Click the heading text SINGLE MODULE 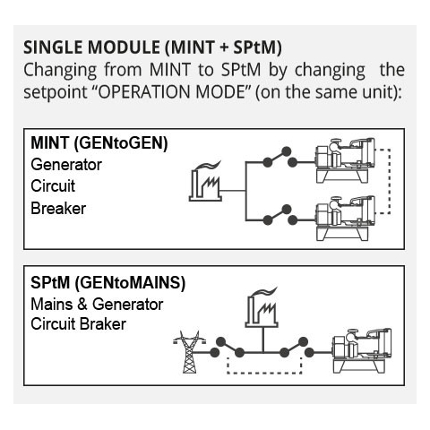pyautogui.click(x=91, y=47)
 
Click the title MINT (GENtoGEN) pyautogui.click(x=99, y=143)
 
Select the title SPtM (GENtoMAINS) pyautogui.click(x=107, y=282)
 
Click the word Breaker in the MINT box pyautogui.click(x=58, y=208)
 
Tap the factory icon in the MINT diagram pyautogui.click(x=205, y=181)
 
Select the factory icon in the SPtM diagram pyautogui.click(x=262, y=307)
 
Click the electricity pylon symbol pyautogui.click(x=189, y=352)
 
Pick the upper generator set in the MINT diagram pyautogui.click(x=346, y=160)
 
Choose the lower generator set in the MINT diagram pyautogui.click(x=346, y=218)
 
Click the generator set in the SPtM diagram pyautogui.click(x=362, y=350)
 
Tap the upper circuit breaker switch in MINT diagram pyautogui.click(x=279, y=158)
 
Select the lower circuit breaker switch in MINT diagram pyautogui.click(x=279, y=215)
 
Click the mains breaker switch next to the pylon pyautogui.click(x=227, y=348)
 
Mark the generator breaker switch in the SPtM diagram pyautogui.click(x=297, y=348)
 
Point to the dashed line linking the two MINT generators pyautogui.click(x=390, y=181)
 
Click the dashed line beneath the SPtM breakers pyautogui.click(x=264, y=373)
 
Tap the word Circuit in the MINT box pyautogui.click(x=53, y=185)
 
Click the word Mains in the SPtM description pyautogui.click(x=52, y=305)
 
